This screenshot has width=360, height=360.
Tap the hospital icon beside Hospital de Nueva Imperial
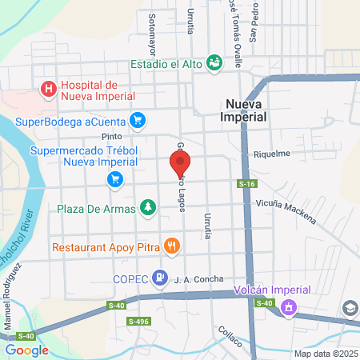(x=49, y=89)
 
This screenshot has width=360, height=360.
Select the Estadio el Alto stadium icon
(x=214, y=62)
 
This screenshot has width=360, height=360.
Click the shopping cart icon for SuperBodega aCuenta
(x=138, y=120)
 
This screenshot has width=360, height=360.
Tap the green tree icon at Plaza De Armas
(x=147, y=208)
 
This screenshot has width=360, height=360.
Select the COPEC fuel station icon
(x=161, y=278)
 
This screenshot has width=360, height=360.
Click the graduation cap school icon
(x=350, y=308)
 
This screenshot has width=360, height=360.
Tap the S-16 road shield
(x=246, y=185)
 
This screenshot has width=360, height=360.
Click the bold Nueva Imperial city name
(x=245, y=110)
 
